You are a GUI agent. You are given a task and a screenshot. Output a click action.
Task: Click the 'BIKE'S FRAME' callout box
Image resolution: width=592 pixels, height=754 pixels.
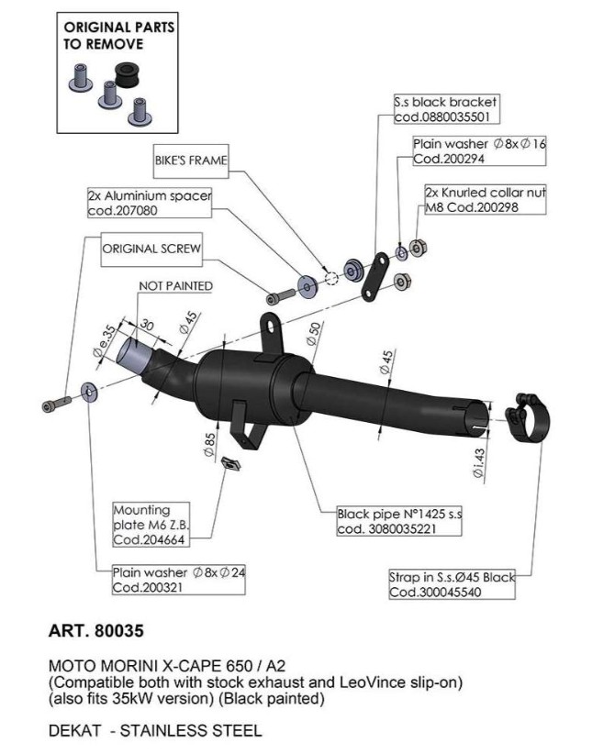[x=189, y=160]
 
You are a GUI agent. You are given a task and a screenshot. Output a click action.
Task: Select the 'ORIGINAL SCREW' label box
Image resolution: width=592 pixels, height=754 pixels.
[x=151, y=249]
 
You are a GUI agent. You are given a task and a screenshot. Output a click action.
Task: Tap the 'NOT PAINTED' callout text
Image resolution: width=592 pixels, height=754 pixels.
[x=175, y=286]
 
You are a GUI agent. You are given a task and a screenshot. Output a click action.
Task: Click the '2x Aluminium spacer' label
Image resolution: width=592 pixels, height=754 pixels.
[x=150, y=203]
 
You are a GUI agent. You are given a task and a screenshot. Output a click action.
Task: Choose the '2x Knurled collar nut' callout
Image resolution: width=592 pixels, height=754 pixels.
[x=486, y=200]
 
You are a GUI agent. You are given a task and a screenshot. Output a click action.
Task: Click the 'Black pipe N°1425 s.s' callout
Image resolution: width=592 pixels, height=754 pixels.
[x=398, y=521]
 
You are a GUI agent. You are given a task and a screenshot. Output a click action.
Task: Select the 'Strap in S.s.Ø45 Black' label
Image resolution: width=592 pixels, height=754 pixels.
[x=452, y=584]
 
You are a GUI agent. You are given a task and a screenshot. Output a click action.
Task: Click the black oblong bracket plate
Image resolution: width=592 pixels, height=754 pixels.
[x=375, y=279]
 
